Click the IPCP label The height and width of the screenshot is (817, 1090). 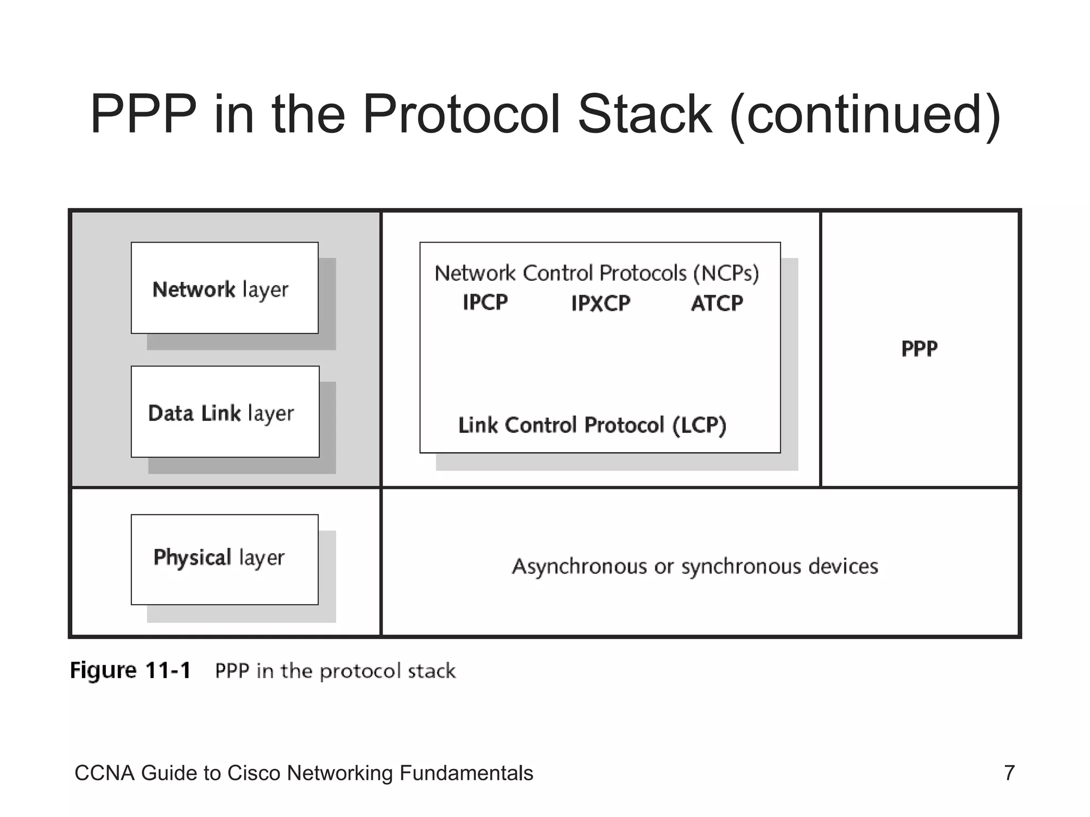coord(485,303)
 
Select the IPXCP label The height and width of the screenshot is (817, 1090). coord(600,304)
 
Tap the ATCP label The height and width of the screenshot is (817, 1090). coord(716,303)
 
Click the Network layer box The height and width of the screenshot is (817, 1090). coord(225,288)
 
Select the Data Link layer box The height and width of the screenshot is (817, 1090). coord(225,412)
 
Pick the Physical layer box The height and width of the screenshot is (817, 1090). coord(225,560)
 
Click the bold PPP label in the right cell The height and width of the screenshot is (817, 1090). coord(919,349)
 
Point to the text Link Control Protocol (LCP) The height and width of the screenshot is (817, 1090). coord(592,426)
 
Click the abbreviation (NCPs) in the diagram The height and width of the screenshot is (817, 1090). coord(725,273)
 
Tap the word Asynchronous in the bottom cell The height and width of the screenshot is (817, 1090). coord(579,566)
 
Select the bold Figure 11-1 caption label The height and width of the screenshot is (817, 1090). coord(130,670)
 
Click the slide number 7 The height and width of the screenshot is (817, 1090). coord(1009,773)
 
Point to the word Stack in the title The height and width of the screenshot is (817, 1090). coord(645,114)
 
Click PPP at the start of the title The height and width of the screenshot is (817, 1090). coord(143,114)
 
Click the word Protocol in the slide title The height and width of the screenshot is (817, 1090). coord(461,114)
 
